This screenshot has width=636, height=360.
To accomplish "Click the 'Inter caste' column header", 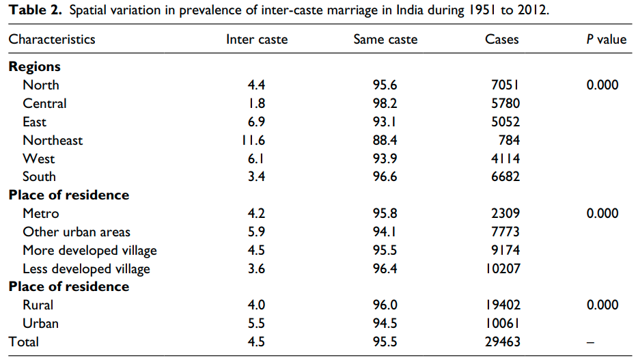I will [x=257, y=40].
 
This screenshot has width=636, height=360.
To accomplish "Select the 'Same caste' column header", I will [x=385, y=40].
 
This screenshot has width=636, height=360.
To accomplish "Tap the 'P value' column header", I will [x=606, y=40].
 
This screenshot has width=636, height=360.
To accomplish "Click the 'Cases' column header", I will [x=502, y=40].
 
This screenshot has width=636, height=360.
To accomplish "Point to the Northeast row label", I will [x=53, y=140].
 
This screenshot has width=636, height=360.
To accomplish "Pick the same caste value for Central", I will [x=385, y=103].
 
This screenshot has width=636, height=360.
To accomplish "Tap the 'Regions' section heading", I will [x=34, y=67].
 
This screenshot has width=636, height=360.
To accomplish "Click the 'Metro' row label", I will [x=41, y=213].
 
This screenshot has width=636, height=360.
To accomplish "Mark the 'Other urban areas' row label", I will [x=77, y=232].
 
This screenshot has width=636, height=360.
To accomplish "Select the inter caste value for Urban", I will [x=257, y=323].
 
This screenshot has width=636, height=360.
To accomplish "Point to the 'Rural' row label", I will [x=38, y=305].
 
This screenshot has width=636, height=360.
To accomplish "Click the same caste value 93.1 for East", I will [x=385, y=122].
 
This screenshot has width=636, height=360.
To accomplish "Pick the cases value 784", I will [x=509, y=140].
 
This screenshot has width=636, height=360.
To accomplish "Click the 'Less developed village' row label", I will [x=86, y=268].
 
